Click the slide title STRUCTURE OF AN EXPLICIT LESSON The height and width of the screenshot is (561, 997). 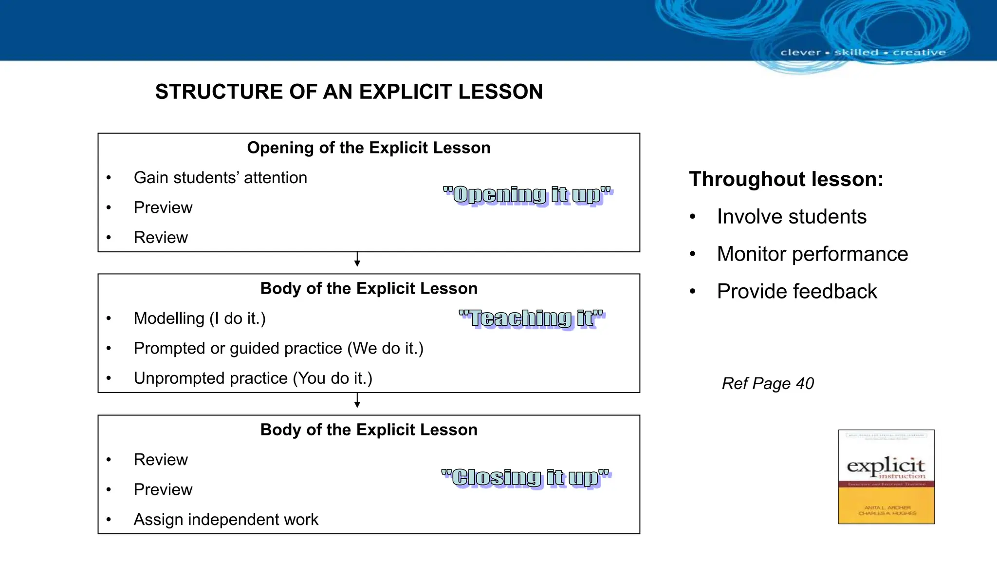coord(349,92)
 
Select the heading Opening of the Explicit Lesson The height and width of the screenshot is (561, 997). coord(369,148)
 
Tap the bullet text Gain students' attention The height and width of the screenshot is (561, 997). coord(220,178)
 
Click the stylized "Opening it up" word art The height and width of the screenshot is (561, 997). coord(528,195)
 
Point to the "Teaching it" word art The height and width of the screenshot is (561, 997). coord(532,318)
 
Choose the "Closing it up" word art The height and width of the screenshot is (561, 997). coord(525,477)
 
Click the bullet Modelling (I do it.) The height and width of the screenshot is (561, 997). coord(200,318)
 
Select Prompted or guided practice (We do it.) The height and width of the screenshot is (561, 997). coord(278,349)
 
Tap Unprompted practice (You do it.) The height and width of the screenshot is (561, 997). coord(253,378)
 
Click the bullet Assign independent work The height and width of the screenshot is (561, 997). coord(226,520)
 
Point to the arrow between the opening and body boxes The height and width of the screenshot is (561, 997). coord(357,260)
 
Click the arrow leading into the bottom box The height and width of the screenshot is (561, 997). coord(357,401)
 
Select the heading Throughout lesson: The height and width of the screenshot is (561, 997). coord(786,179)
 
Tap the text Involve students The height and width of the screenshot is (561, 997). coord(792,217)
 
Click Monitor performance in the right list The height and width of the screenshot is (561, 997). coord(812,254)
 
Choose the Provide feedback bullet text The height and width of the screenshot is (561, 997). coord(796,292)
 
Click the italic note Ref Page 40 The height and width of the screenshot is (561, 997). coord(768,384)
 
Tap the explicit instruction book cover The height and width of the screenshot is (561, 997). coord(886,477)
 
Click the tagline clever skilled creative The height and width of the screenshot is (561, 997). coord(863,53)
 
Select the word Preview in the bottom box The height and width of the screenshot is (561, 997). coord(163,489)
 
